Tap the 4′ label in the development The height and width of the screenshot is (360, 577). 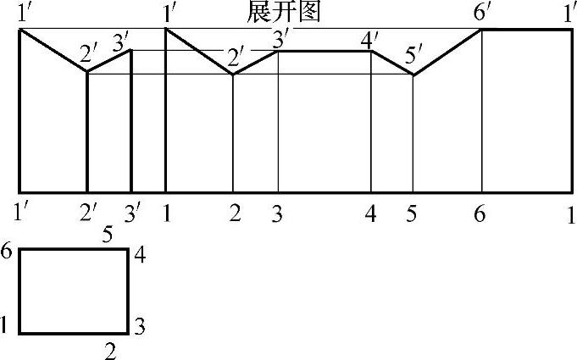(x=369, y=39)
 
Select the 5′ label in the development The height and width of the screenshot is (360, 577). (x=414, y=58)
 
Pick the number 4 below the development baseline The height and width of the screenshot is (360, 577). (x=370, y=213)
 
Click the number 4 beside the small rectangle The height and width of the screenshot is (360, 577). (x=140, y=255)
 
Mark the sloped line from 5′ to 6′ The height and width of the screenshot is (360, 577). (x=447, y=53)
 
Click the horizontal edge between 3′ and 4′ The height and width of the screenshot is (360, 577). (x=325, y=52)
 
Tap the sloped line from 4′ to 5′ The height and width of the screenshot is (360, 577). (x=392, y=64)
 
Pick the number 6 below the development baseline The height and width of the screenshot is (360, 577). (x=480, y=213)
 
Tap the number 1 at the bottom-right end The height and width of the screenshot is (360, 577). (x=571, y=213)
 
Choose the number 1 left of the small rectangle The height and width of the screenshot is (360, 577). (x=5, y=324)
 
